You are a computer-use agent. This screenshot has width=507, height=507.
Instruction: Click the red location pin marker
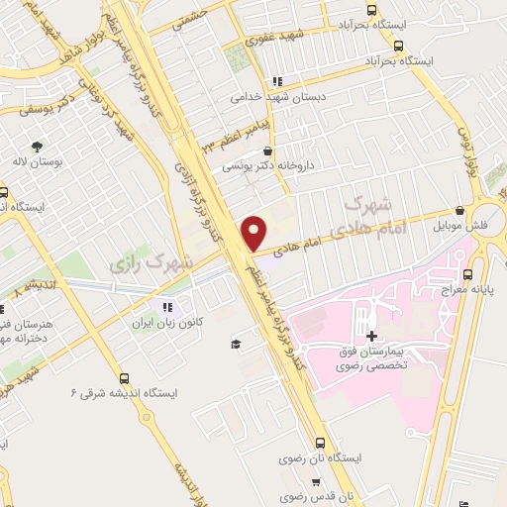coord(254,232)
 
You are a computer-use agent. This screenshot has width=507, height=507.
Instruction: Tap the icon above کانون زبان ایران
coord(168,306)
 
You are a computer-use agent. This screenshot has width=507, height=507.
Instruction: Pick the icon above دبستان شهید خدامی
coord(278,81)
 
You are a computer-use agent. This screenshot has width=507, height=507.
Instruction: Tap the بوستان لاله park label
coord(40,161)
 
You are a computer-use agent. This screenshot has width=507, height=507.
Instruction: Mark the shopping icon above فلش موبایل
coord(459,210)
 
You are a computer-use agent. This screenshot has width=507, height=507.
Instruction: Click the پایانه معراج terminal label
coord(468,288)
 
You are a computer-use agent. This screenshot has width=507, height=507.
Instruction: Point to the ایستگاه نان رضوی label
coord(353,460)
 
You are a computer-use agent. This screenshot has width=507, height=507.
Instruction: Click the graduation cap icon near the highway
coord(237,344)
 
